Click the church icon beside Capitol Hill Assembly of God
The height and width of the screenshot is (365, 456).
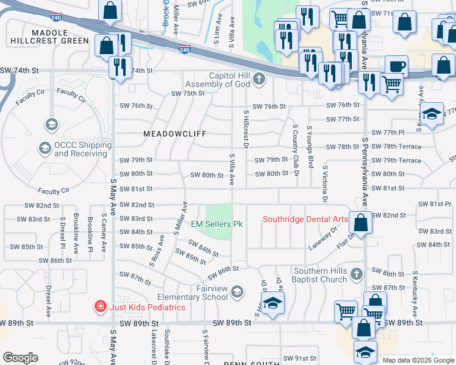click(x=260, y=78)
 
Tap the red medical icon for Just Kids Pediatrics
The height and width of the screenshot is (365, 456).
click(x=100, y=307)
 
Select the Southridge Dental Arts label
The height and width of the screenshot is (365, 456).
click(x=305, y=219)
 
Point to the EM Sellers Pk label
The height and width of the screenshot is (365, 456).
click(x=217, y=224)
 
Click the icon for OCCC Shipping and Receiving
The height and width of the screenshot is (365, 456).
click(x=45, y=148)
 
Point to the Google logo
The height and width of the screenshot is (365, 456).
click(x=20, y=357)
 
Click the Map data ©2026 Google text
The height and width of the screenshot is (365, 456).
click(x=418, y=360)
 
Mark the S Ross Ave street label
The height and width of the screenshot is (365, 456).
click(x=157, y=250)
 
